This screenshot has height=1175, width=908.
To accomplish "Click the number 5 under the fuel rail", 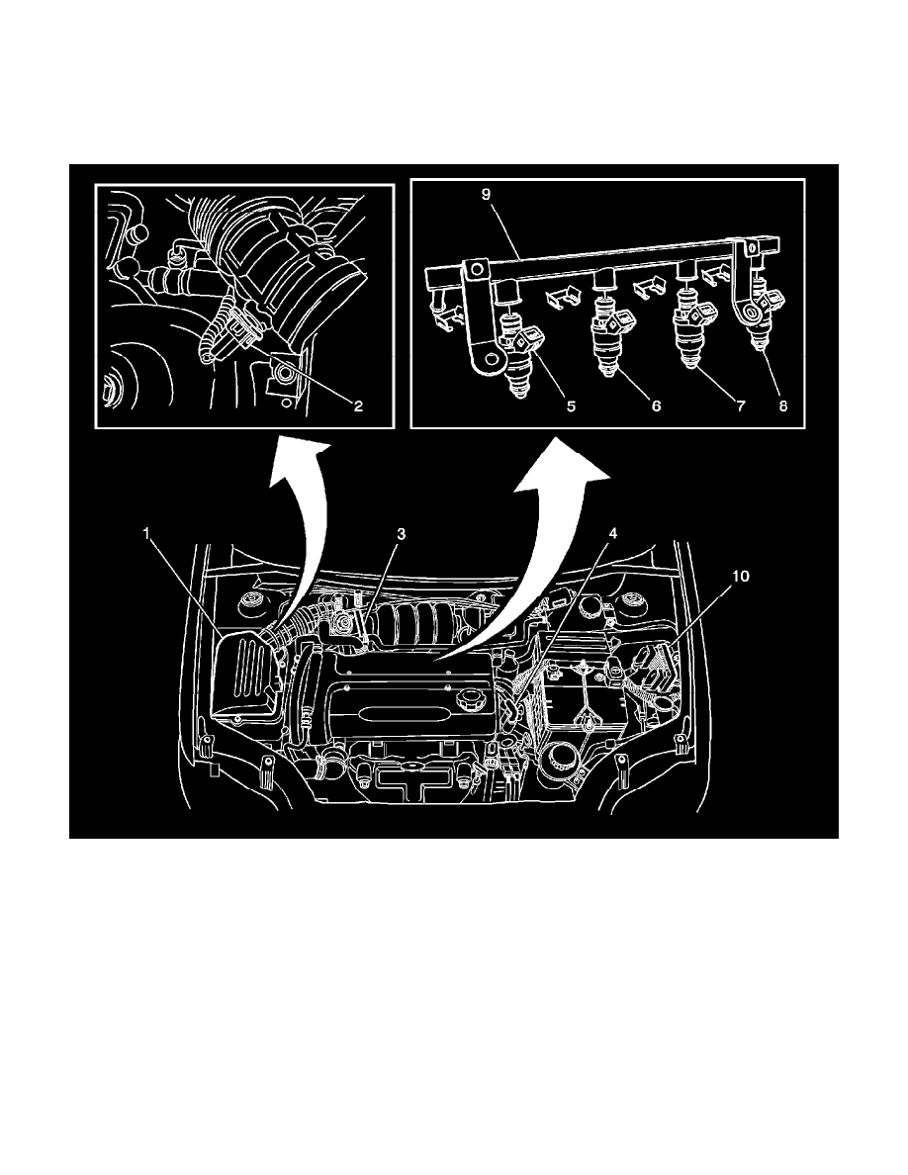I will pyautogui.click(x=544, y=405).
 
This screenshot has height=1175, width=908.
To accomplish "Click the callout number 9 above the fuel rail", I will pyautogui.click(x=486, y=195).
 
